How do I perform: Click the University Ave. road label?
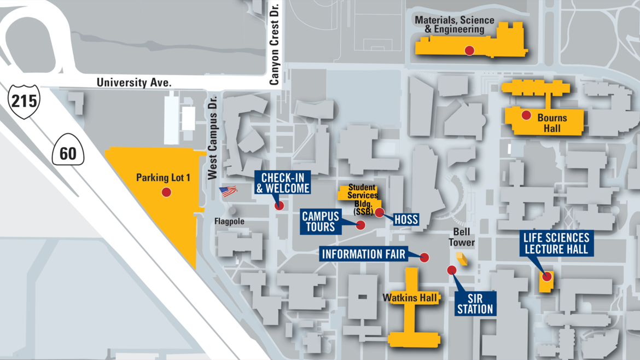134,83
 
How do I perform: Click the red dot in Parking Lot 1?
166,192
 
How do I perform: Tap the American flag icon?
228,191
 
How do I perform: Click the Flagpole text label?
229,222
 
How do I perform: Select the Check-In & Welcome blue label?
283,183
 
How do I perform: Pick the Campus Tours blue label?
320,222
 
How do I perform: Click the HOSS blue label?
406,220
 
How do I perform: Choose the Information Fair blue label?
364,254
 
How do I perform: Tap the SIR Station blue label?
475,304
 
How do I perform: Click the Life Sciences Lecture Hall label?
556,243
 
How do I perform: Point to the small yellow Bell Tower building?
462,259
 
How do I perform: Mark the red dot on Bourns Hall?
526,115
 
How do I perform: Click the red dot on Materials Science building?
469,50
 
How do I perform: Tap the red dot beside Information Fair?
424,257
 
